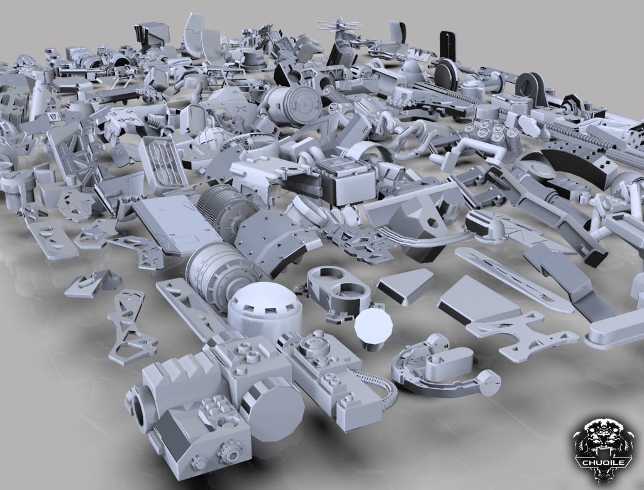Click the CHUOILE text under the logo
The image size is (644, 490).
click(x=604, y=463)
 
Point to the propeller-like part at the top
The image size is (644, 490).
click(x=340, y=27)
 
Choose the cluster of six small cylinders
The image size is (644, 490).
click(x=492, y=133)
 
